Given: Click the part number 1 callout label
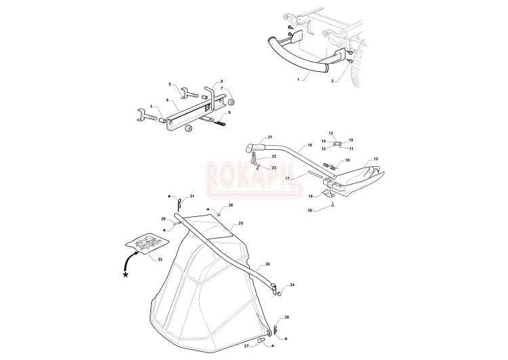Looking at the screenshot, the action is point(299,79).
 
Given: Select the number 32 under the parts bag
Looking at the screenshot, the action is point(160,260).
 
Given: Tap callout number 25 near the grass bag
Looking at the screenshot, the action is point(240,224).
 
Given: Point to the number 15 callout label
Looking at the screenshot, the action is point(376,159).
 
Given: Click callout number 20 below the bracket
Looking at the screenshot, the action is point(310,210).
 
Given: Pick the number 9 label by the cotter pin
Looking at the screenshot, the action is point(229,113).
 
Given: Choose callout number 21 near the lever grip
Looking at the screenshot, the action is point(270,137).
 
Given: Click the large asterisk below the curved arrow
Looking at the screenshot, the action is point(126,275).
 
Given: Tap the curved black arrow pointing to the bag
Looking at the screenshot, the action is point(128,260).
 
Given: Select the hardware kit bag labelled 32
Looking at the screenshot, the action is point(148,241).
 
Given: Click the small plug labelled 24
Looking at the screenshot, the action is point(279,294).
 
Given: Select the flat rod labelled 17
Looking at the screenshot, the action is point(314,174).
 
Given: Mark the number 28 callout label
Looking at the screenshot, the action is point(287,317).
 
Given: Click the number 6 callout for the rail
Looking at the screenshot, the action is point(167,100).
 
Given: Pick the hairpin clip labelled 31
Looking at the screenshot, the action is point(180,203).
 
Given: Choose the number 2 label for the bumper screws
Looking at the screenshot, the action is point(332,81).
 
